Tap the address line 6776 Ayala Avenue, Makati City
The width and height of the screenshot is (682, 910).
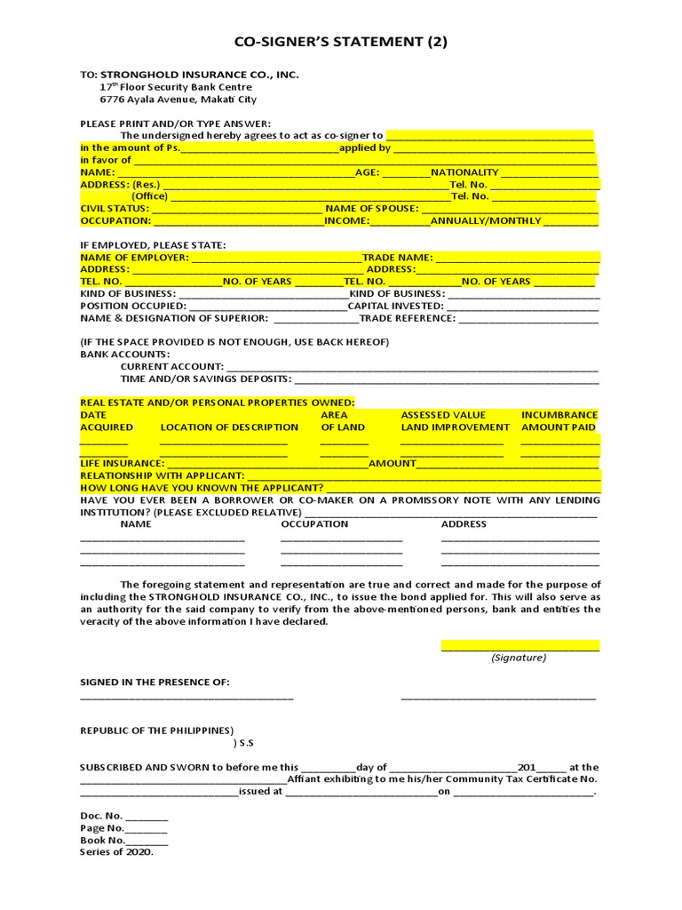click(x=178, y=100)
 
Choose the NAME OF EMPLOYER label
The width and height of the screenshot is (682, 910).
click(x=134, y=258)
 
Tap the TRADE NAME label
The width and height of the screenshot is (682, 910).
click(x=396, y=258)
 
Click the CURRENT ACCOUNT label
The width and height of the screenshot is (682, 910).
click(x=171, y=366)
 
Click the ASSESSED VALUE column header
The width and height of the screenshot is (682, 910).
click(x=443, y=415)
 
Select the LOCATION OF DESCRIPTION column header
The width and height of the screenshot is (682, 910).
click(x=229, y=427)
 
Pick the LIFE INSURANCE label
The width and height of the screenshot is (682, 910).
click(x=122, y=464)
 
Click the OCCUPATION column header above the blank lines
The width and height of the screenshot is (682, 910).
click(x=314, y=524)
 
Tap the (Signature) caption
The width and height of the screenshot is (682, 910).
click(x=519, y=659)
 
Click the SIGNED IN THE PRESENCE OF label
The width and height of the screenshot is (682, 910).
click(x=155, y=682)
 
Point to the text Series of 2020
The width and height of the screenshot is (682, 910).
click(x=116, y=851)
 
